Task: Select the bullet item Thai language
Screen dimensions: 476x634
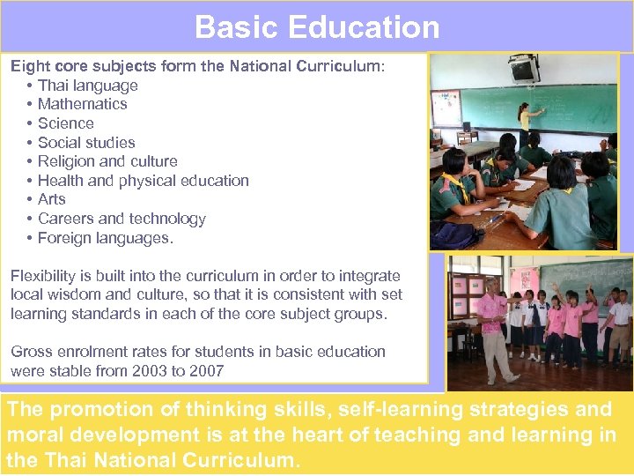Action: click(87, 86)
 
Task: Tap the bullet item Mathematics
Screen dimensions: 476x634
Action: click(82, 104)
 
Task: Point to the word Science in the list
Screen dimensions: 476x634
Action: click(66, 123)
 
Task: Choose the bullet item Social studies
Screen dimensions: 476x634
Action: click(86, 143)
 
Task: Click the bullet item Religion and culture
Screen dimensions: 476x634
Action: click(107, 161)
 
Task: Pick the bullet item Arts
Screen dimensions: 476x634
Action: click(52, 199)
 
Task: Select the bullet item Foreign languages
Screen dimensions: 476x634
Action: click(106, 238)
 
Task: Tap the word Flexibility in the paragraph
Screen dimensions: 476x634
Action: click(44, 276)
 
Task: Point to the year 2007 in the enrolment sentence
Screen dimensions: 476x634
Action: click(205, 371)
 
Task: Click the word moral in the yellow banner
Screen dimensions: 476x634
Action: click(30, 435)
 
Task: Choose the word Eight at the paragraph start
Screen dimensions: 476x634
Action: click(30, 66)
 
